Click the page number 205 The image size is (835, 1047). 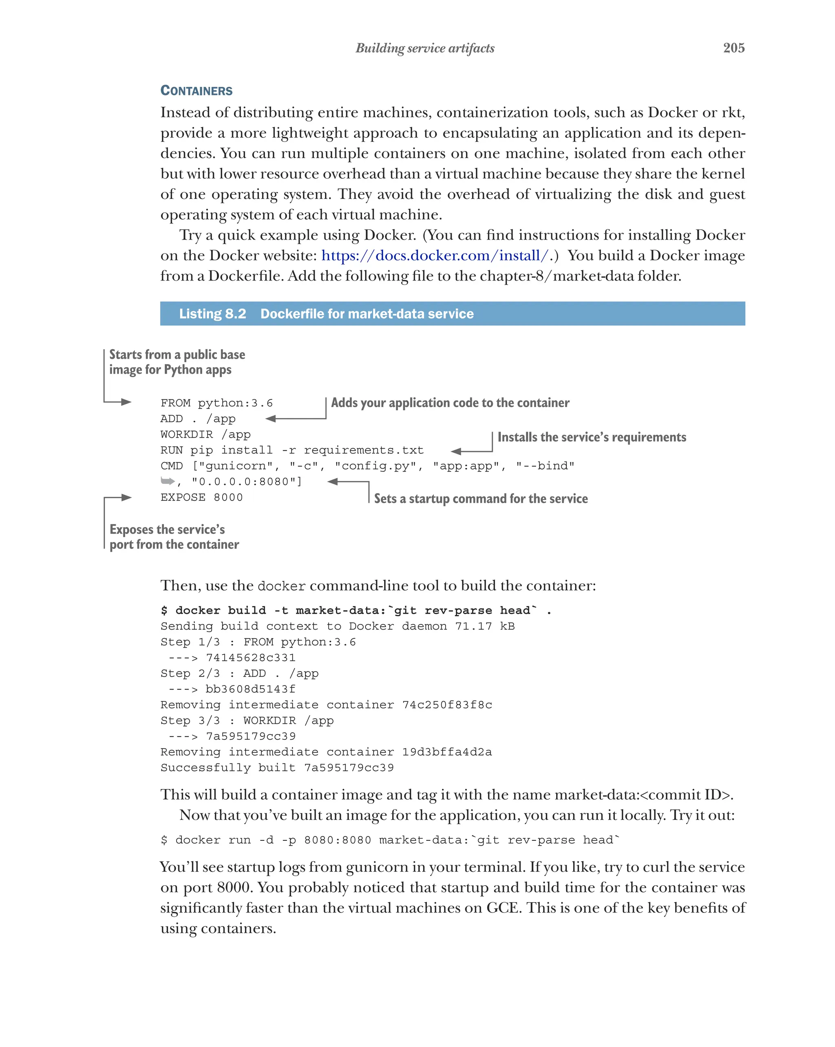[733, 48]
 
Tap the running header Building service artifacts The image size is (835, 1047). [424, 48]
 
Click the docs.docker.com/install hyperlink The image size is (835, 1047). [435, 256]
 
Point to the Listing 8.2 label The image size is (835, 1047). [212, 314]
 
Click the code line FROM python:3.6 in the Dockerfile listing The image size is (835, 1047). [216, 403]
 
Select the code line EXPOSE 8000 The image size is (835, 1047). [201, 497]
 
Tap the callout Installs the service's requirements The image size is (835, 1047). [592, 437]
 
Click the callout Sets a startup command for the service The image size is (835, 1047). [480, 499]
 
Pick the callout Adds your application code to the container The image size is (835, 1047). [450, 403]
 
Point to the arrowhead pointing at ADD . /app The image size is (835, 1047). [271, 419]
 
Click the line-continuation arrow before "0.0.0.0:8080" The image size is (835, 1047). [168, 481]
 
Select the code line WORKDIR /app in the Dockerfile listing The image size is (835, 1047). [205, 434]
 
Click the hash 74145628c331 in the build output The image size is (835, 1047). [251, 657]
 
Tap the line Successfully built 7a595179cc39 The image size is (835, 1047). [277, 768]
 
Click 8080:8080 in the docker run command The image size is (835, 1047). [338, 840]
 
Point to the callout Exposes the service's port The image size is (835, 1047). [174, 537]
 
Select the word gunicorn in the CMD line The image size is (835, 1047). [236, 466]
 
